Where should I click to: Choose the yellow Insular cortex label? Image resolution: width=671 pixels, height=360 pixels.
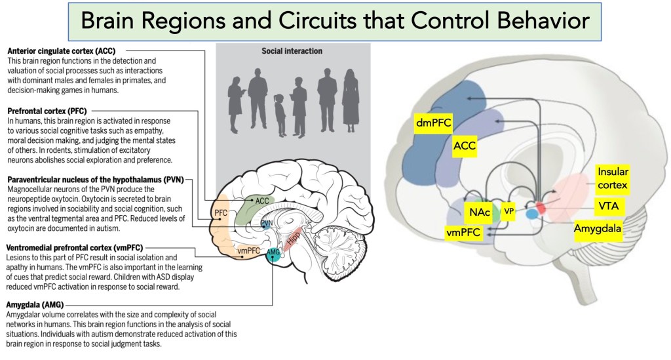point(612,179)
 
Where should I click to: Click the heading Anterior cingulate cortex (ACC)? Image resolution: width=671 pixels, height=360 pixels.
point(64,51)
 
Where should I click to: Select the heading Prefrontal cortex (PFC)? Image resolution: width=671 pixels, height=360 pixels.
point(47,112)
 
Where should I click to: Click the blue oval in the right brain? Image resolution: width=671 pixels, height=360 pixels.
point(531,214)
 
